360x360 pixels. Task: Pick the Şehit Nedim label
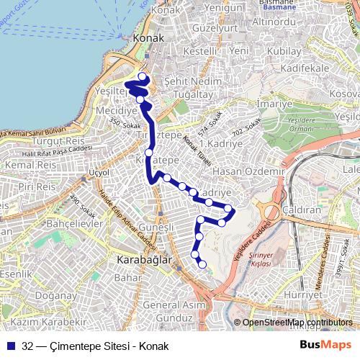[190, 81]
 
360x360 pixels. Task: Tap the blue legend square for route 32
[11, 346]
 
